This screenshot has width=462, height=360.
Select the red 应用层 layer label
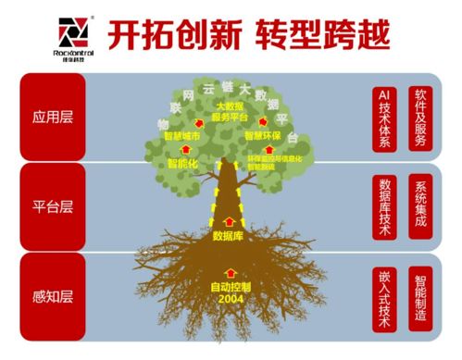(x=52, y=119)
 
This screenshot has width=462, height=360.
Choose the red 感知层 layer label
(x=52, y=296)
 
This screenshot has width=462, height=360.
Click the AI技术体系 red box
(x=384, y=118)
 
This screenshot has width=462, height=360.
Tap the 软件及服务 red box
(x=421, y=118)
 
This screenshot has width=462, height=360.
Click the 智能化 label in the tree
(x=184, y=164)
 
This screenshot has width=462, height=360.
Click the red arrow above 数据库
(x=229, y=222)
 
